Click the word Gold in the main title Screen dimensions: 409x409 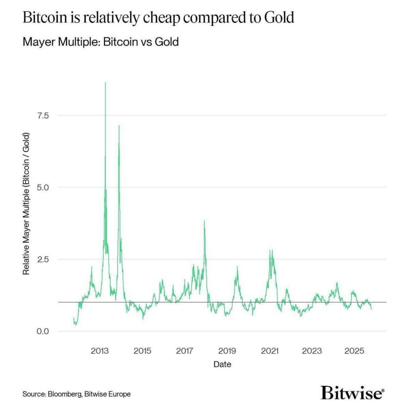278,18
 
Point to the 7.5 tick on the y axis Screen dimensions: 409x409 43,115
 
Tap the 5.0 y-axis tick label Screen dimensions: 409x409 43,187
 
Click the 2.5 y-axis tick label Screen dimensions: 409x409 43,259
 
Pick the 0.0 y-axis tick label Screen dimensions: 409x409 43,331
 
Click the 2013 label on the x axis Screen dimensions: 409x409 100,351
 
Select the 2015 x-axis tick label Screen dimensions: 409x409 142,351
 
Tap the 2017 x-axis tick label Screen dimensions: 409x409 185,351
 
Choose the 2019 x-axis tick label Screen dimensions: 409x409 227,351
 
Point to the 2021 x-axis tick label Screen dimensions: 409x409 269,351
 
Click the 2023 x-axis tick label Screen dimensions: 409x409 312,351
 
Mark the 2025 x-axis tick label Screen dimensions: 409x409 354,351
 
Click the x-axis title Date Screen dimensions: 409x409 222,364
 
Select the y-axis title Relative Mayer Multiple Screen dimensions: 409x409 26,208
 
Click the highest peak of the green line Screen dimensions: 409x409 105,83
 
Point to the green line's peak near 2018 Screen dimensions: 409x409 204,221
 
